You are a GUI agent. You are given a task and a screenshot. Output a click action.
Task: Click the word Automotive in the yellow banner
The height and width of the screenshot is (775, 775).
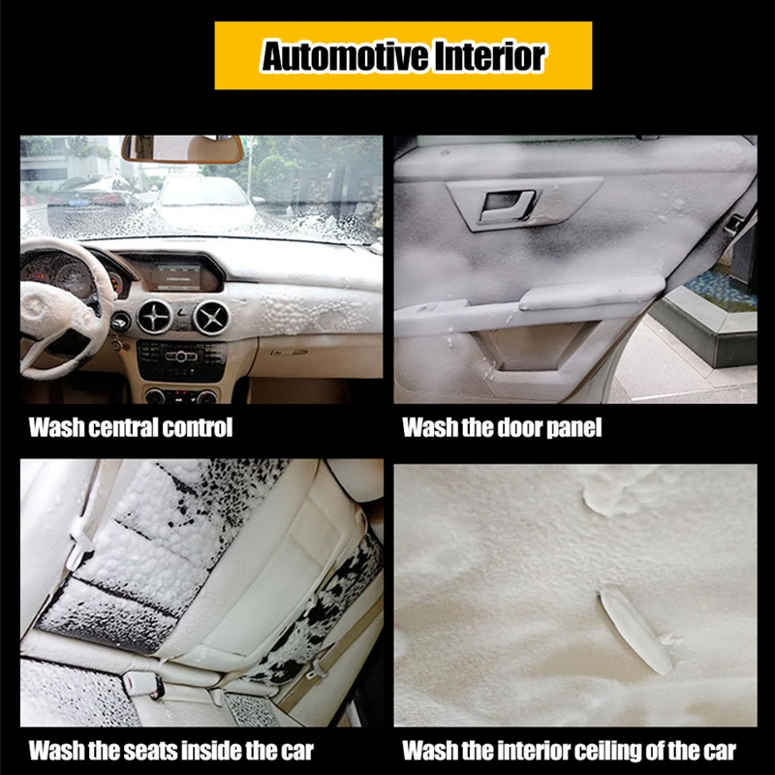pos(345,56)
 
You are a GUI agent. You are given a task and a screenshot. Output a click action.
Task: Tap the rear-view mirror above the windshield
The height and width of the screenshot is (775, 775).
pos(182,148)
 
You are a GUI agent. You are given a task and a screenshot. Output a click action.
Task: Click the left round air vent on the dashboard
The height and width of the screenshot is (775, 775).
pos(154,317)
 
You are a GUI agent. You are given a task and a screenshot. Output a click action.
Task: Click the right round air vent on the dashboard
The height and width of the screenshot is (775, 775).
pos(211,318)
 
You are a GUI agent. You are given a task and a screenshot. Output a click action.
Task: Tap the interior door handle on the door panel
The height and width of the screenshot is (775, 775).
pos(507,204)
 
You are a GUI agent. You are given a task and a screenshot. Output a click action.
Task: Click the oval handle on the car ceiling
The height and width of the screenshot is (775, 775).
pos(635,632)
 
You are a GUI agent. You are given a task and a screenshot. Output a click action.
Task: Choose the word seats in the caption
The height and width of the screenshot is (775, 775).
pos(150,750)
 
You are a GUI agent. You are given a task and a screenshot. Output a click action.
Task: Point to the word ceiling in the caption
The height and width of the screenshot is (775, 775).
pos(610,751)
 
